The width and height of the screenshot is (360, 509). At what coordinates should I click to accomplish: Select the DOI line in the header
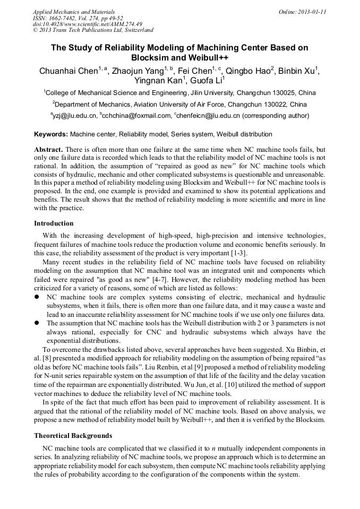[x=87, y=24]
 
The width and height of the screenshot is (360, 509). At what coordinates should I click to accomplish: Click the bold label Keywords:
[x=51, y=134]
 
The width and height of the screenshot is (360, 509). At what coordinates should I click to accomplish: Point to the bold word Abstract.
[x=49, y=150]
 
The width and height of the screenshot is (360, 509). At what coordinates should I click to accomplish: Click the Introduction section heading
[x=54, y=223]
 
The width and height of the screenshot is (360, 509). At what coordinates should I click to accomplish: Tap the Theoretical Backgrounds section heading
[x=73, y=436]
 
